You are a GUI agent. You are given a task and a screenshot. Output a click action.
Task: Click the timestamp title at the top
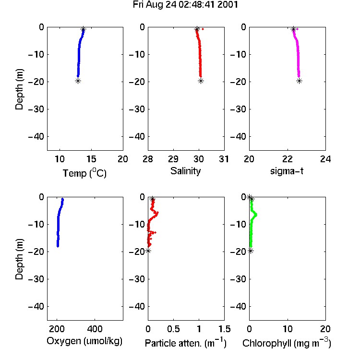tap(185, 4)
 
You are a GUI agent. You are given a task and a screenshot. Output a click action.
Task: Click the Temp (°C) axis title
tap(84, 173)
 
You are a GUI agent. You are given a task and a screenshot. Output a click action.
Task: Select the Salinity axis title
tap(185, 171)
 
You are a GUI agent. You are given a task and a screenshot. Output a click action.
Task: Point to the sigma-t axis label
tap(287, 171)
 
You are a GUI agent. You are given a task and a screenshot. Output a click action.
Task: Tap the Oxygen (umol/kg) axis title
tap(84, 341)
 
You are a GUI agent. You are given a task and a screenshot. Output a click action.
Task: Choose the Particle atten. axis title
tap(185, 343)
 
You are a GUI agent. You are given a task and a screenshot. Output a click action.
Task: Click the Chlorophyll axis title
tap(287, 343)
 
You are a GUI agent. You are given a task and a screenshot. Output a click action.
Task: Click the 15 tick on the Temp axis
tap(91, 159)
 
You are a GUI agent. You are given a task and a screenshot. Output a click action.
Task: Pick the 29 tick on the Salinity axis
tap(173, 159)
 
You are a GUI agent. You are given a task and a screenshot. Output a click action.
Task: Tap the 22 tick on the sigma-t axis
tap(288, 159)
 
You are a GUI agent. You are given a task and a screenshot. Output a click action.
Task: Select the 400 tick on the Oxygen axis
tap(95, 329)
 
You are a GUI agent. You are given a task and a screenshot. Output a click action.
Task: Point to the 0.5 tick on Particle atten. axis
tap(173, 329)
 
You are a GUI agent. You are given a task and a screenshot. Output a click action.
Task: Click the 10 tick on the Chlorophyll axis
tap(288, 329)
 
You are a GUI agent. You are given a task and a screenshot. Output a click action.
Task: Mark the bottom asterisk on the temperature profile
tap(78, 81)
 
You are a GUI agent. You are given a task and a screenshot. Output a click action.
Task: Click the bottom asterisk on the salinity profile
tap(201, 81)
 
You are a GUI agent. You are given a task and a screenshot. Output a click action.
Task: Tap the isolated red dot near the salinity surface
tap(203, 29)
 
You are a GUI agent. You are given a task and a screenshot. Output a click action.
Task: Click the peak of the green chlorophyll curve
tap(256, 215)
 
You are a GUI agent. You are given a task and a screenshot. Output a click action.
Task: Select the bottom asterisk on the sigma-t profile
tap(299, 81)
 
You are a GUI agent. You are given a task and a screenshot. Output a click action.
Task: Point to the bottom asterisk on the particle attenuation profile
tap(148, 251)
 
